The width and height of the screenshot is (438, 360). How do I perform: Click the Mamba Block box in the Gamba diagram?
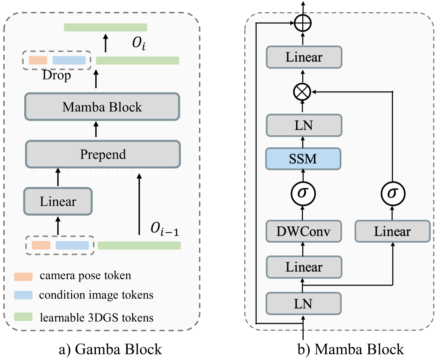tap(102, 107)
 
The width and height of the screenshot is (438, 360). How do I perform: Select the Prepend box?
tap(103, 154)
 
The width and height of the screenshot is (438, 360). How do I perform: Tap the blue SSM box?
tap(303, 159)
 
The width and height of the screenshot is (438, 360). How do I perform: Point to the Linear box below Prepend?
tap(58, 201)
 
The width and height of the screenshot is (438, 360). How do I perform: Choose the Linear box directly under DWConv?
tap(304, 267)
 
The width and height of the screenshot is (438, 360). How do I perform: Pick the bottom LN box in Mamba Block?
tap(303, 304)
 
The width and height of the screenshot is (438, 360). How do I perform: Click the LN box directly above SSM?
tap(304, 126)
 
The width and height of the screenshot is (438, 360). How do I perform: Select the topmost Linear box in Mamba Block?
tap(304, 57)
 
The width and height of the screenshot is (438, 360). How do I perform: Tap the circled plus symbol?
tap(303, 24)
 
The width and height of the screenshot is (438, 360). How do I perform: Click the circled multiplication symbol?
tap(302, 92)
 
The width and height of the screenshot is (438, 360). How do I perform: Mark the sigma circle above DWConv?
tap(303, 193)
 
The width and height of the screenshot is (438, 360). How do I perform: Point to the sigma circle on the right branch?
tap(393, 193)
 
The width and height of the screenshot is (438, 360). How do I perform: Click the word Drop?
tap(57, 75)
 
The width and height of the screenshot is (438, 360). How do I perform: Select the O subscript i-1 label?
tap(165, 229)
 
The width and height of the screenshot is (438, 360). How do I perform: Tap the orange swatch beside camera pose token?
tap(23, 277)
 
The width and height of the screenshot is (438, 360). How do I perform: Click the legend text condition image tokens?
tap(96, 295)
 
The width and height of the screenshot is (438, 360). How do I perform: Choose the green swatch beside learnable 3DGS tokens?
tap(23, 317)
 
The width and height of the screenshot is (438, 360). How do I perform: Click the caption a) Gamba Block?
tap(110, 349)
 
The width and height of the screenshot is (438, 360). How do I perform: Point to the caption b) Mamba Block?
tap(350, 349)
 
